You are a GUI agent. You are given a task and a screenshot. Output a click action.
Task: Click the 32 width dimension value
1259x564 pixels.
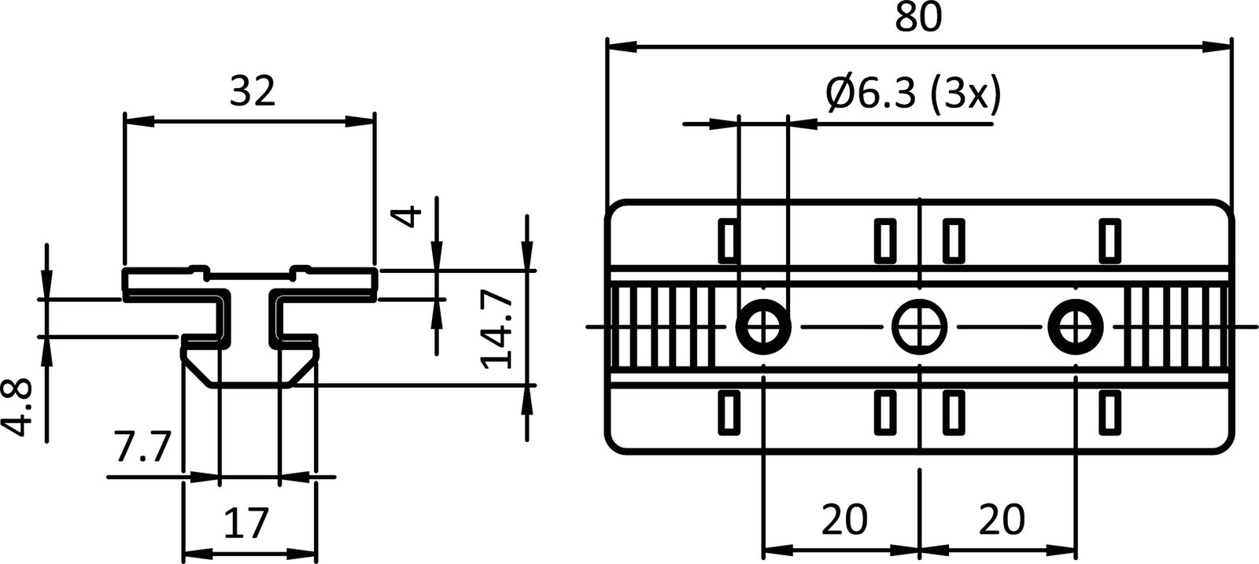[253, 92]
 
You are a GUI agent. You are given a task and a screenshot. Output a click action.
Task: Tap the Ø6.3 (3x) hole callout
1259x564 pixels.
[913, 94]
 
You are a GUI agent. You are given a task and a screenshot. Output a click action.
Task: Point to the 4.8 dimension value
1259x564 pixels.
[17, 406]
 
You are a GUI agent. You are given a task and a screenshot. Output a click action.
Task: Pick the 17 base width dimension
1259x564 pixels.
[247, 523]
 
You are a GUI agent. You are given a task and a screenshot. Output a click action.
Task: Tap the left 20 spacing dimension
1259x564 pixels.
[844, 519]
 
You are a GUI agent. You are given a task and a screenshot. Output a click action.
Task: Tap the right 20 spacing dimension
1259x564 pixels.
[1002, 519]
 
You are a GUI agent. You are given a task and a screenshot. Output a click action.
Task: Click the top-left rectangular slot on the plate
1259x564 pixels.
[728, 241]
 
